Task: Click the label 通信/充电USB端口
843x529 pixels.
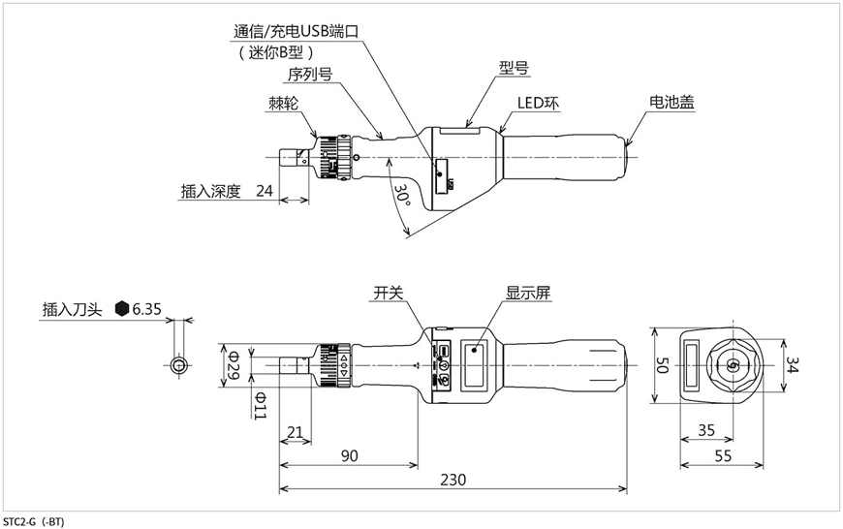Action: tap(296, 31)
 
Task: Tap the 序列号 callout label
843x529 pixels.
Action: tap(310, 75)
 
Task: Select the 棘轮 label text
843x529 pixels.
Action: tap(283, 104)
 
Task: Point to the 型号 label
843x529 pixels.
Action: tap(514, 68)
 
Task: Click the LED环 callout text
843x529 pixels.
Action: tap(538, 103)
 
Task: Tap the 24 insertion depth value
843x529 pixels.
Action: tap(265, 191)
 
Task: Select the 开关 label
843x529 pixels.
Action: tap(389, 293)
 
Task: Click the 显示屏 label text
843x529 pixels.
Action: tap(528, 293)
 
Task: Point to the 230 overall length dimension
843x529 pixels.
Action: tap(453, 479)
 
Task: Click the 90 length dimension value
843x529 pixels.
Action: tap(350, 456)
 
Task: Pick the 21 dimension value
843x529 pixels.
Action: tap(296, 432)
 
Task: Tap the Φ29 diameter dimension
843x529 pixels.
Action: tap(234, 365)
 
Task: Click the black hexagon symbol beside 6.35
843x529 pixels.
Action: tap(123, 308)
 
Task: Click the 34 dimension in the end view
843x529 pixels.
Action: tap(793, 364)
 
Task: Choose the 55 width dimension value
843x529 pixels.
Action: tap(723, 456)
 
